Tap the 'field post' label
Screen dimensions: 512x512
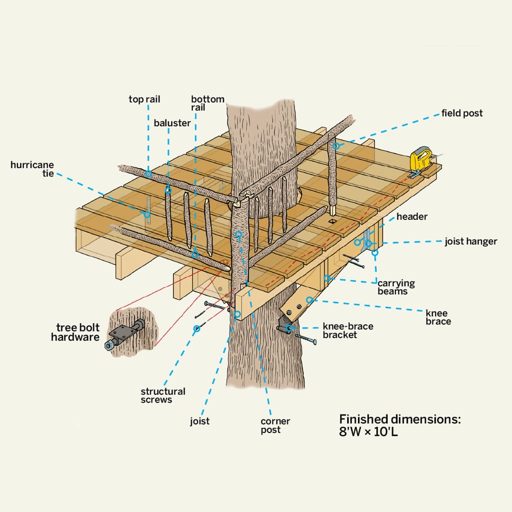pos(462,113)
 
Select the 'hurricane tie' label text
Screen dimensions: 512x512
pos(32,169)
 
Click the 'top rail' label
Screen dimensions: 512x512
pos(144,99)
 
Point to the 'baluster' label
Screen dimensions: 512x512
pos(172,123)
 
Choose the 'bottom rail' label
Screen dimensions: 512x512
pos(207,103)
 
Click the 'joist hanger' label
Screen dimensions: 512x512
pos(471,242)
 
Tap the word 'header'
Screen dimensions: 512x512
pos(411,216)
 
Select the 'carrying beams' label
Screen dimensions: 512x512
pos(395,287)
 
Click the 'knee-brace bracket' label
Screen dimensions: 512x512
pos(347,331)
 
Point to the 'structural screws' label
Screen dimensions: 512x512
pos(163,396)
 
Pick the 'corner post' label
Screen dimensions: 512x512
pos(275,425)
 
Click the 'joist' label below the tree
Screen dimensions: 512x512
pos(199,421)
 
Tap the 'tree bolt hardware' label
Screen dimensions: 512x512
pos(75,332)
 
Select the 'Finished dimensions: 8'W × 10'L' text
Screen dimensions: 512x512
pos(399,426)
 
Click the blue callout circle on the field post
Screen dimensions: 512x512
pos(336,146)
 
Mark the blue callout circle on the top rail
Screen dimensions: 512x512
pos(148,174)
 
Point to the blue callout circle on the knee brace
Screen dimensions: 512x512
pos(309,300)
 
